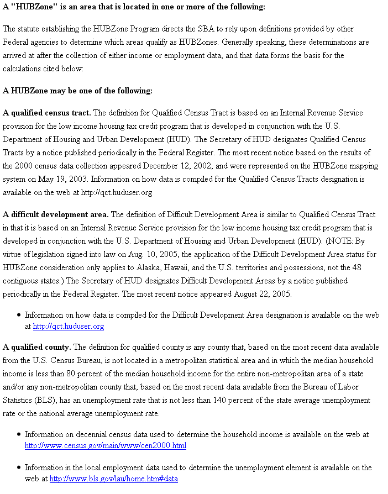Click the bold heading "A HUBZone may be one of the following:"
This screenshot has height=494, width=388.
(77, 91)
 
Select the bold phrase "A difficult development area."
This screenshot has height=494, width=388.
(55, 214)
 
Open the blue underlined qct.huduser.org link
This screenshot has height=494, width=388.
(69, 326)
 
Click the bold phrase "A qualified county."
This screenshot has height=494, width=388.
(36, 347)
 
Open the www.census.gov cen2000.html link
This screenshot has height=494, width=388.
(105, 445)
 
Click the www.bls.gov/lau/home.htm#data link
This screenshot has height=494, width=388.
(113, 479)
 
